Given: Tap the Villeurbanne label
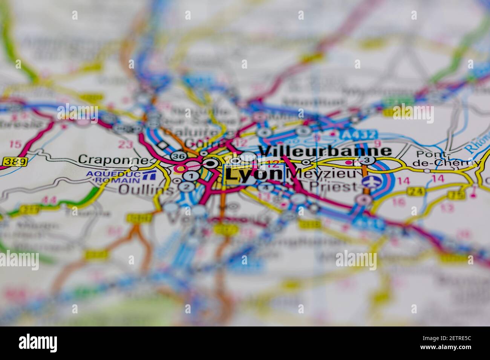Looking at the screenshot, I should [x=325, y=151].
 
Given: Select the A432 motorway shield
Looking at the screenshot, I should [x=358, y=135].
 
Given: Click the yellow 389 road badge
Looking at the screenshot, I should [x=15, y=162].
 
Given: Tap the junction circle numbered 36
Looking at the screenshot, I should [x=177, y=156].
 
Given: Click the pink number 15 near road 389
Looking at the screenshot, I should [x=15, y=144].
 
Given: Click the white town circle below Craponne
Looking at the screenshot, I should [x=134, y=168].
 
